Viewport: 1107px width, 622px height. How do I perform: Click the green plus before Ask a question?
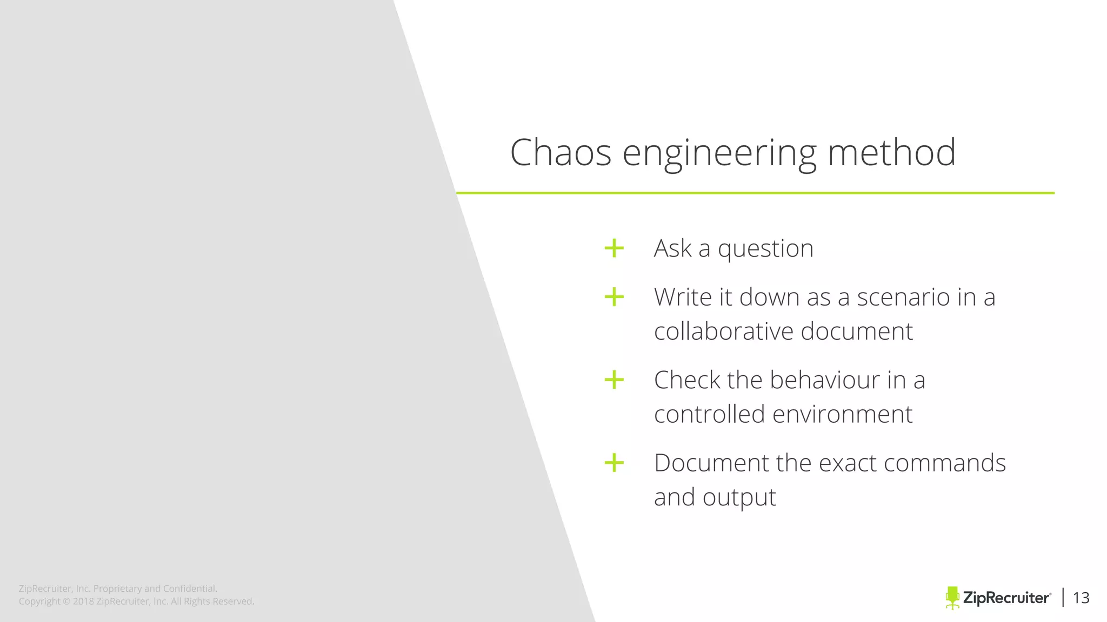pyautogui.click(x=614, y=248)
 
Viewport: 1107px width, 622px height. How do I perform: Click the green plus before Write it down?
pyautogui.click(x=614, y=297)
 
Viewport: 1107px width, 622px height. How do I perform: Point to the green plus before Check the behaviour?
pyautogui.click(x=614, y=380)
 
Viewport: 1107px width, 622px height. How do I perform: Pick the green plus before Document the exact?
pyautogui.click(x=614, y=463)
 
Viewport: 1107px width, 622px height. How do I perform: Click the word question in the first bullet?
pyautogui.click(x=765, y=249)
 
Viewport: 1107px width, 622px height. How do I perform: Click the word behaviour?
pyautogui.click(x=825, y=380)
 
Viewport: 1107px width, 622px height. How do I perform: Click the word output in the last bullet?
pyautogui.click(x=739, y=498)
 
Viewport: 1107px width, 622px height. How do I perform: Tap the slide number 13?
pyautogui.click(x=1081, y=598)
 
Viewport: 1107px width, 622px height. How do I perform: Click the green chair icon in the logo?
pyautogui.click(x=952, y=598)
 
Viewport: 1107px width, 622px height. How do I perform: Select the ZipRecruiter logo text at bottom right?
pyautogui.click(x=1006, y=598)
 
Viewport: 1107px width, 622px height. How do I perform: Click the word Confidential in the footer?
pyautogui.click(x=190, y=589)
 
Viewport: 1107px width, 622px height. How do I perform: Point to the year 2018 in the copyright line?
pyautogui.click(x=83, y=601)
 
